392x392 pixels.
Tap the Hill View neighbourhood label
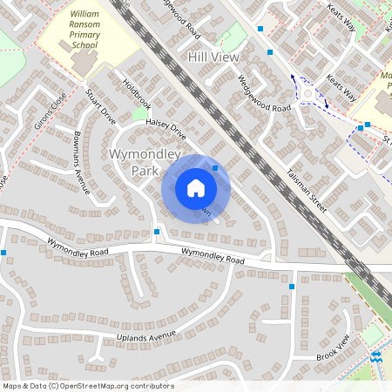click(x=212, y=56)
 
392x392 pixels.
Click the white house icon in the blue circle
click(x=196, y=187)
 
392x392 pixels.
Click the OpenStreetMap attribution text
click(x=88, y=386)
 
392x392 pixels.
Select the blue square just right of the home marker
click(x=215, y=168)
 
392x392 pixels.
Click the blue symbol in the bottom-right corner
click(x=377, y=358)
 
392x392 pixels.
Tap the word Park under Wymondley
click(x=145, y=172)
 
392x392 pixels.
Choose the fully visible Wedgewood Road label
click(x=264, y=93)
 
